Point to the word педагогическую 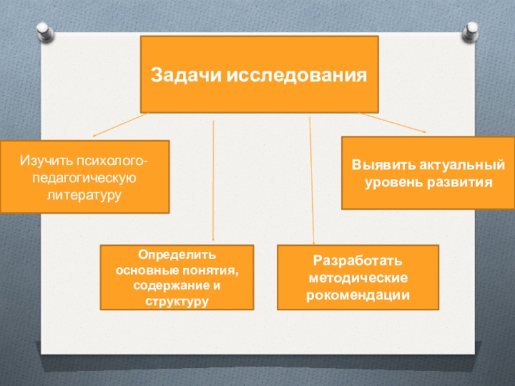84,176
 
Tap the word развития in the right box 459,182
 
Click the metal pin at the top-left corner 44,30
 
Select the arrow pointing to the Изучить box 120,125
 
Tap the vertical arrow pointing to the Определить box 213,180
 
